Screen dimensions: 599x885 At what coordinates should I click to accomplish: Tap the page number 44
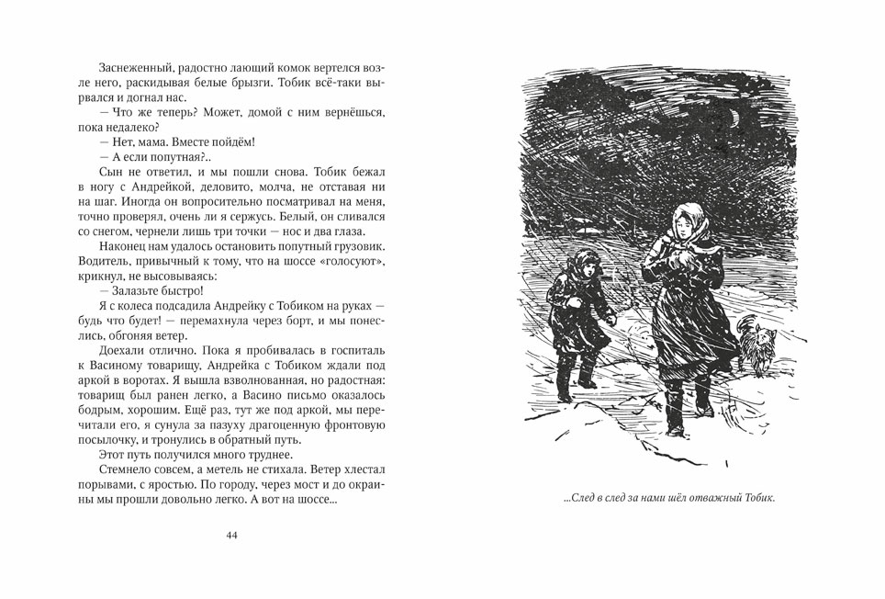point(231,536)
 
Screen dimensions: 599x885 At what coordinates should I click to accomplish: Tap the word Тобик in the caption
point(755,500)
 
